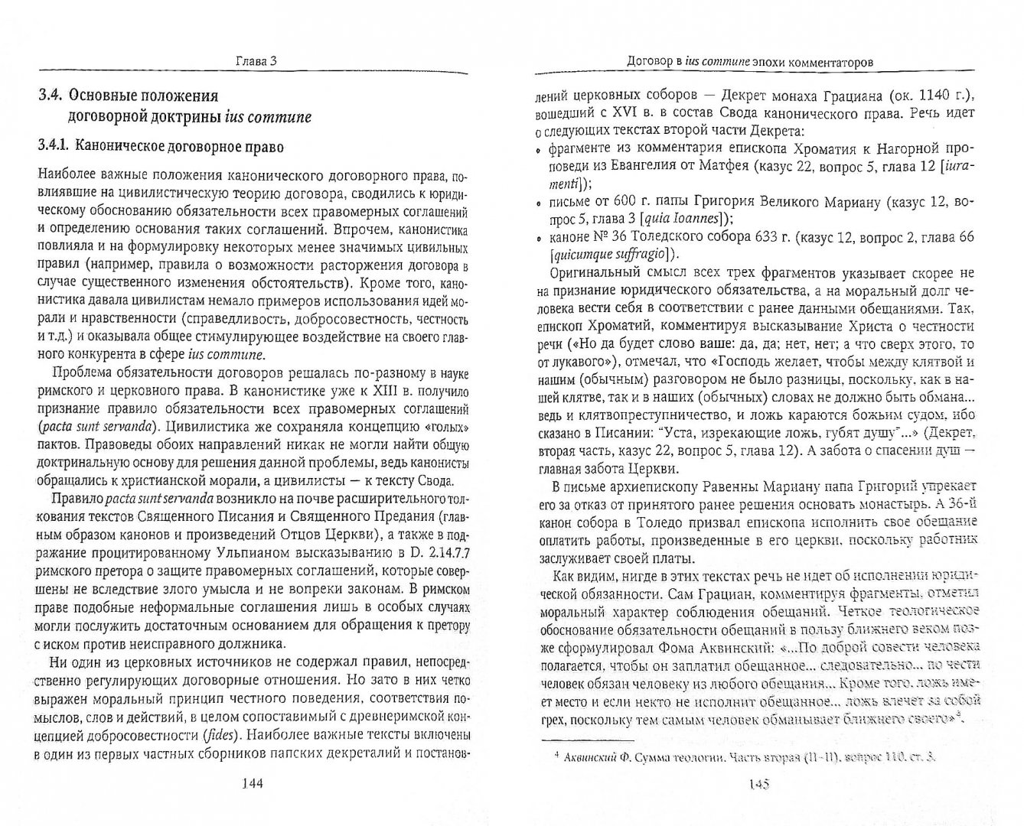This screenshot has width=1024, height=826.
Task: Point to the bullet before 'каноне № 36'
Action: pyautogui.click(x=540, y=239)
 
